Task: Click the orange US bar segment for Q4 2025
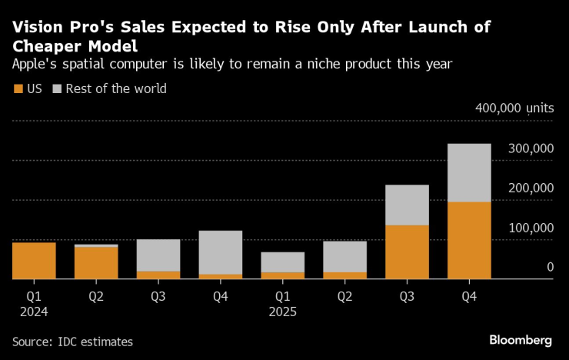pyautogui.click(x=468, y=240)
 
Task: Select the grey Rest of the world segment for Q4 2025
pyautogui.click(x=468, y=172)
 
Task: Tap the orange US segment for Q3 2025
pyautogui.click(x=407, y=252)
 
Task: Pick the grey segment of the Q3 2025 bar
pyautogui.click(x=407, y=205)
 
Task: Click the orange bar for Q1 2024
pyautogui.click(x=34, y=260)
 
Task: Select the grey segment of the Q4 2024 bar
pyautogui.click(x=221, y=252)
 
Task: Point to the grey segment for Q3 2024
pyautogui.click(x=158, y=255)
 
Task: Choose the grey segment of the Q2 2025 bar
pyautogui.click(x=344, y=256)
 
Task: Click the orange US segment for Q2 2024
pyautogui.click(x=96, y=262)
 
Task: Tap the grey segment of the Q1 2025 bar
pyautogui.click(x=282, y=262)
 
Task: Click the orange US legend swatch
pyautogui.click(x=18, y=88)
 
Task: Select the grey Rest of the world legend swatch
pyautogui.click(x=57, y=88)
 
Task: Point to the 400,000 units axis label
pyautogui.click(x=514, y=108)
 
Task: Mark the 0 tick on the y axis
pyautogui.click(x=550, y=267)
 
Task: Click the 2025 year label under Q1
pyautogui.click(x=282, y=312)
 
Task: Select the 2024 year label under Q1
pyautogui.click(x=34, y=312)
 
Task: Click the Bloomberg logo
pyautogui.click(x=521, y=340)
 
